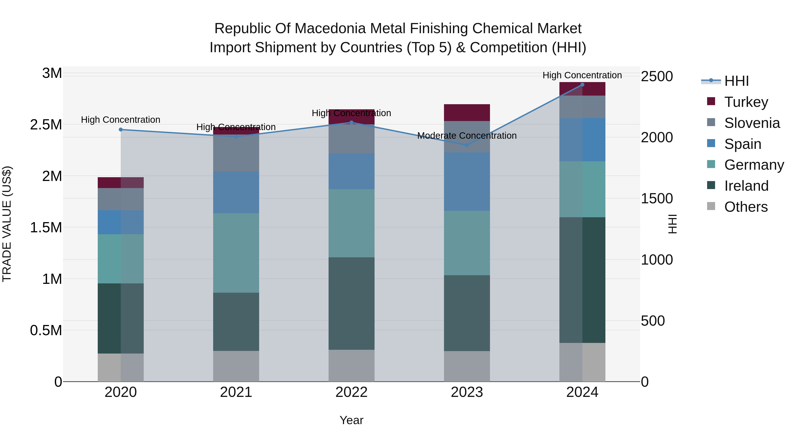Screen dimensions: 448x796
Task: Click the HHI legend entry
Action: (736, 81)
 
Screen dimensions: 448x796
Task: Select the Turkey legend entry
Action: (746, 102)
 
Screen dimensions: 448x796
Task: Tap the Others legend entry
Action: (746, 207)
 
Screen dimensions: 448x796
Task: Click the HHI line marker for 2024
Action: (582, 85)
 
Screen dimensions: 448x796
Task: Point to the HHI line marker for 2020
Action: (121, 130)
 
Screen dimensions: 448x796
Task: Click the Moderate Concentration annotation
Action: (467, 136)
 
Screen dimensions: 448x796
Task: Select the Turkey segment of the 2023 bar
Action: (467, 113)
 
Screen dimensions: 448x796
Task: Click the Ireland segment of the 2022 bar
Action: (351, 303)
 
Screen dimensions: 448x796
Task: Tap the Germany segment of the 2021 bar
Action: (236, 253)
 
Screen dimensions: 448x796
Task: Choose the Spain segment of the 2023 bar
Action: (467, 181)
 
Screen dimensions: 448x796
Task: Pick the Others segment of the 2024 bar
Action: (582, 362)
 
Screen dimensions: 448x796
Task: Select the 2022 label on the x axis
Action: (351, 392)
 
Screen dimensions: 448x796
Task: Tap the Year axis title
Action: (351, 420)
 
